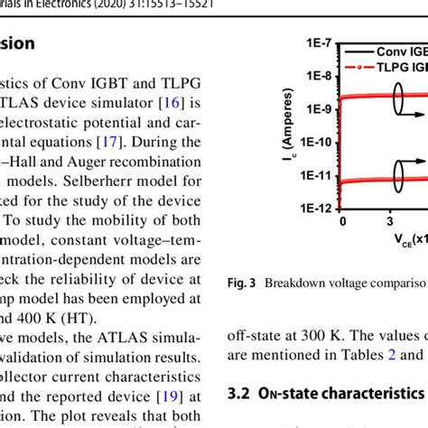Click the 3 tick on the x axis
coord(388,220)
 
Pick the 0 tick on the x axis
coord(343,220)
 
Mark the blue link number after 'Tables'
coord(393,355)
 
